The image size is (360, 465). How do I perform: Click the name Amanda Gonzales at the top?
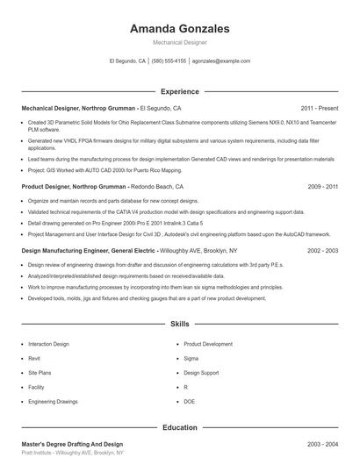coord(179,29)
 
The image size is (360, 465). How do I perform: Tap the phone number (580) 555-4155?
coord(169,61)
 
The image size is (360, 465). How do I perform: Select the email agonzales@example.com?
coord(221,61)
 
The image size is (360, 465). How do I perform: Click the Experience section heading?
coord(179,91)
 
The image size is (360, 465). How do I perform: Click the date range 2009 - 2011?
coord(323,187)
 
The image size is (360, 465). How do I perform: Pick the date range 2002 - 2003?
coord(323,250)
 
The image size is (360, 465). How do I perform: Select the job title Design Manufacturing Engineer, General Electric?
coord(89,250)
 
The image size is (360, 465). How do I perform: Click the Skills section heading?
coord(179,324)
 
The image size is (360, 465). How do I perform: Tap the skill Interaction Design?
coord(48,344)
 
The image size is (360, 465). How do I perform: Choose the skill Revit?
coord(35,358)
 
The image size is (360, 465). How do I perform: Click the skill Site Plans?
coord(40,373)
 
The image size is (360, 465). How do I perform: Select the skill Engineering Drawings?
coord(53,401)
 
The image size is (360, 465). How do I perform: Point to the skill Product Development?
coord(208,344)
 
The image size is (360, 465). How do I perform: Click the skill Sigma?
coord(191,358)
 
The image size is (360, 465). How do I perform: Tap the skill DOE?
coord(190,401)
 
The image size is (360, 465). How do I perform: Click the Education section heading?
coord(179,427)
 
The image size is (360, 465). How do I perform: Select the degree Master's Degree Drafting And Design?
coord(72,444)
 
